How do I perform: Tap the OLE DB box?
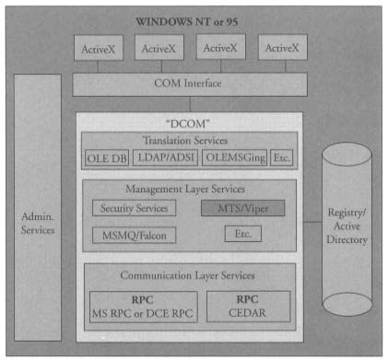click(x=108, y=157)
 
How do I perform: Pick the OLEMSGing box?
click(x=234, y=157)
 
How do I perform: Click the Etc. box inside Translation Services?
click(x=283, y=157)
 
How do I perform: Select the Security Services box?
click(x=133, y=208)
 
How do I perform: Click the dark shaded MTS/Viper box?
click(x=242, y=208)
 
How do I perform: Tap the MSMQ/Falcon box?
click(x=135, y=236)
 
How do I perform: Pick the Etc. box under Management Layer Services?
click(x=243, y=235)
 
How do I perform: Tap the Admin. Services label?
click(x=38, y=221)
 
